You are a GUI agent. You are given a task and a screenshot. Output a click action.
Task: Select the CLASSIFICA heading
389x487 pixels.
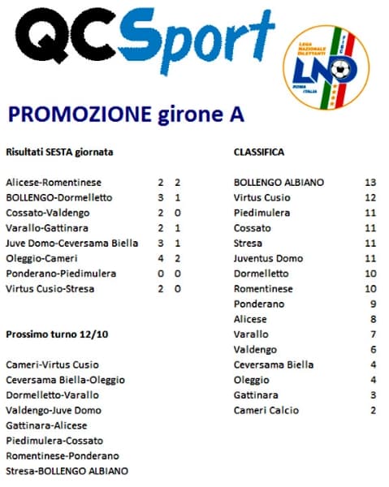point(258,152)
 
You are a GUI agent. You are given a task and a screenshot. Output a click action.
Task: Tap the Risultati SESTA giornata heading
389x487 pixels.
point(59,152)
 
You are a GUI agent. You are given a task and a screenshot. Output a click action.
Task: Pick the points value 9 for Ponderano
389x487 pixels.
point(371,304)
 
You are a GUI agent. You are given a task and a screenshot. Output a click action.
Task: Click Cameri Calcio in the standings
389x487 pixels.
point(266,410)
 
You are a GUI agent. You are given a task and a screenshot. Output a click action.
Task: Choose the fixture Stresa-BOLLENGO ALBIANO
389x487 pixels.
point(67,472)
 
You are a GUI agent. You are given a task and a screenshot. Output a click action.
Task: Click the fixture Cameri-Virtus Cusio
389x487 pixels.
point(52,364)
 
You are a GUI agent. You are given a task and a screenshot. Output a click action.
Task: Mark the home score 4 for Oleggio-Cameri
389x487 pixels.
point(161,258)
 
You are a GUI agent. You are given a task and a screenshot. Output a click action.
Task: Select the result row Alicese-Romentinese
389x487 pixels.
point(54,183)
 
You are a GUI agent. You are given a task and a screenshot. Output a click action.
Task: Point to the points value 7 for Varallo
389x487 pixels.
point(371,334)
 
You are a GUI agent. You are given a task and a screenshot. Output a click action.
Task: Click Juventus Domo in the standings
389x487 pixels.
point(268,258)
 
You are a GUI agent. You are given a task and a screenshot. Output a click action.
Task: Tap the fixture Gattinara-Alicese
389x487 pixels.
point(46,425)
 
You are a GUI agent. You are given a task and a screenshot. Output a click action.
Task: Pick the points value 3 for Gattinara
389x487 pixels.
point(371,394)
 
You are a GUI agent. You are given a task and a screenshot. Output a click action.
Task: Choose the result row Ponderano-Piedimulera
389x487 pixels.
point(61,274)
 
